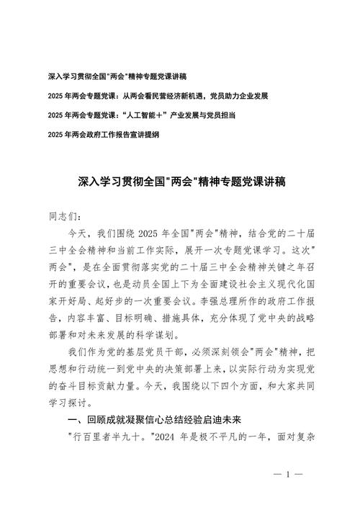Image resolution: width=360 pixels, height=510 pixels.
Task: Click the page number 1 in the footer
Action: [x=287, y=475]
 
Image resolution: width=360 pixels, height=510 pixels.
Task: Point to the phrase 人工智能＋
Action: [x=144, y=115]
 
